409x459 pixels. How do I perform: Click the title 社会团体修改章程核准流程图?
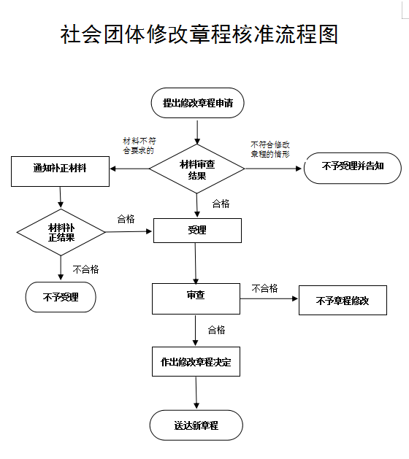click(199, 34)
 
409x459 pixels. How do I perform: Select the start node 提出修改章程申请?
click(197, 103)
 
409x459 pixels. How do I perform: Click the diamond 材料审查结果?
click(197, 169)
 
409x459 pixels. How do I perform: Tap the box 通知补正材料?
click(60, 171)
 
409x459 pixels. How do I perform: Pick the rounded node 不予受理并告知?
click(353, 168)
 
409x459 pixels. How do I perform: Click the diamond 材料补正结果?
click(61, 232)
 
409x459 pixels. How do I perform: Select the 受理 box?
click(197, 231)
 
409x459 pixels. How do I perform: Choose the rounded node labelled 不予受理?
click(61, 297)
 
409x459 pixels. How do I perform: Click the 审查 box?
click(196, 298)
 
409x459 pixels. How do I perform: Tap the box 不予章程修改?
click(343, 300)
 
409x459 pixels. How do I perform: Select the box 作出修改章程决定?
click(196, 361)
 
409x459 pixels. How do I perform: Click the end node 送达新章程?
click(196, 425)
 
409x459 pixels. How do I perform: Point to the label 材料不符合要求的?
click(139, 146)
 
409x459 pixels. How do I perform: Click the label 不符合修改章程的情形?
click(270, 150)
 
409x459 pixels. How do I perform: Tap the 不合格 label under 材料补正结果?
click(86, 269)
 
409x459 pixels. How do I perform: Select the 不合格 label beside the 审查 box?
click(265, 288)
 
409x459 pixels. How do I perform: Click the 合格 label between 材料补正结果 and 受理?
click(126, 219)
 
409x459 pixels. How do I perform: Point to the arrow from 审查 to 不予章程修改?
click(269, 298)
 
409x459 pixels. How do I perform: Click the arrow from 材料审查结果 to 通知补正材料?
click(130, 169)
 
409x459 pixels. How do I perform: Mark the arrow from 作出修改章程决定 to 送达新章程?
click(196, 393)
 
